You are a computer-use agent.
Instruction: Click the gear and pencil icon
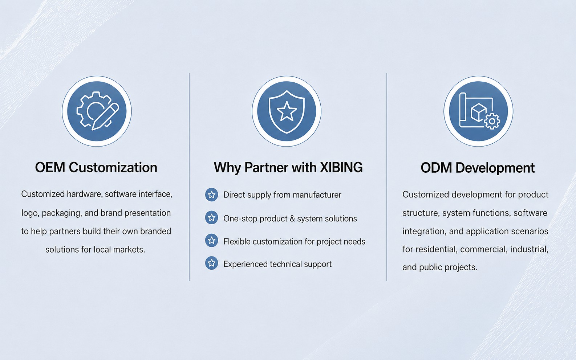pyautogui.click(x=97, y=111)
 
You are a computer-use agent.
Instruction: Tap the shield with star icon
pyautogui.click(x=287, y=111)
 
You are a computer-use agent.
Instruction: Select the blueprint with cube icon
pyautogui.click(x=478, y=111)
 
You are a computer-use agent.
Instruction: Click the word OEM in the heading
pyautogui.click(x=50, y=168)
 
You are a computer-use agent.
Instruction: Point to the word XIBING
pyautogui.click(x=341, y=168)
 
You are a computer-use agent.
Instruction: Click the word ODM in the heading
pyautogui.click(x=436, y=168)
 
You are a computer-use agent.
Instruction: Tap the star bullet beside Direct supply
pyautogui.click(x=212, y=195)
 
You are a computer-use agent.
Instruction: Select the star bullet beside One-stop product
pyautogui.click(x=212, y=218)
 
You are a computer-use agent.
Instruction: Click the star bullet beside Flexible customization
pyautogui.click(x=212, y=241)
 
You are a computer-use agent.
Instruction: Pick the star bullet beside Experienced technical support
pyautogui.click(x=212, y=263)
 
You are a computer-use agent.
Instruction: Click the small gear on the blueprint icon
pyautogui.click(x=492, y=121)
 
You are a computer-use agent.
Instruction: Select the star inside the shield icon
pyautogui.click(x=287, y=111)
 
